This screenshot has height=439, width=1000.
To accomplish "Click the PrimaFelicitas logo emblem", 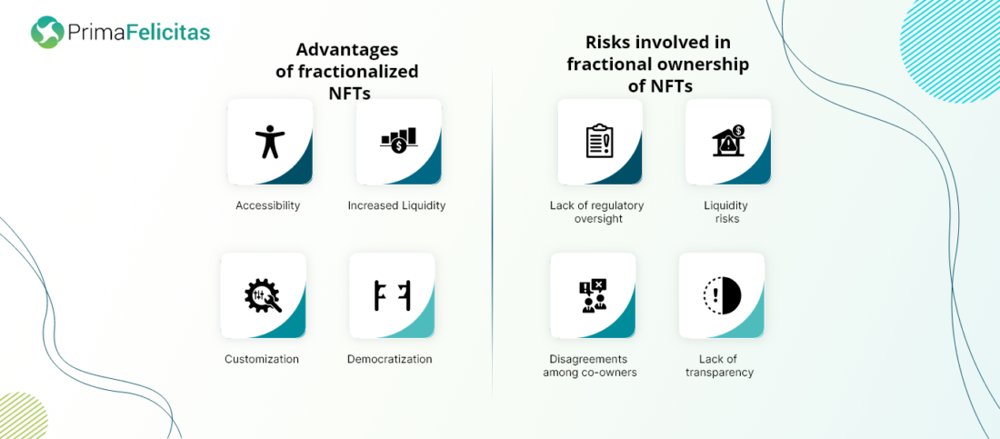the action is pos(47,33).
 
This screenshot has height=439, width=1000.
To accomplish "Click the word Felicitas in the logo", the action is pos(168,33).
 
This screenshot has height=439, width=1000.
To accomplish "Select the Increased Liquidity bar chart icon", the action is pos(398,140).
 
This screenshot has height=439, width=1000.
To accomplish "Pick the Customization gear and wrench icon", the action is pos(263,295).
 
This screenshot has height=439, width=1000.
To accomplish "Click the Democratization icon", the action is pos(392,295).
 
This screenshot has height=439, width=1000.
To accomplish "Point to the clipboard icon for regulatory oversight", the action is pos(599,141).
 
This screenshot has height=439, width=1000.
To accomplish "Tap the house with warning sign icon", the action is pos(728,140).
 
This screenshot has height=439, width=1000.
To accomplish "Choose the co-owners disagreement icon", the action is pos(593,295).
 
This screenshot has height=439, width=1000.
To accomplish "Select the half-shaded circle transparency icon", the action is pos(722,294).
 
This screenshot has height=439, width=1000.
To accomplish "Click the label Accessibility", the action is pos(268,205).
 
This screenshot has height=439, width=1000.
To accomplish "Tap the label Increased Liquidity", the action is pos(396,205).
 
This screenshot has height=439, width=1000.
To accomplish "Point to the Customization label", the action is pos(262,359).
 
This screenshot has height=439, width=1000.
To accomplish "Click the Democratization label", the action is pos(390,359).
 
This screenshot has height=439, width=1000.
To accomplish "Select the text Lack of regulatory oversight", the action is pos(597,212).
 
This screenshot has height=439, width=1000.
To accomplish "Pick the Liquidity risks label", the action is pos(725,212).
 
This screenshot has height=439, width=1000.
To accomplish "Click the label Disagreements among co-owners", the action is pos(590,365).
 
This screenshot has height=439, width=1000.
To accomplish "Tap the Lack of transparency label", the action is pos(719,365).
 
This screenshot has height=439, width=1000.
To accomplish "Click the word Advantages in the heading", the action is pos(347,50).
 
